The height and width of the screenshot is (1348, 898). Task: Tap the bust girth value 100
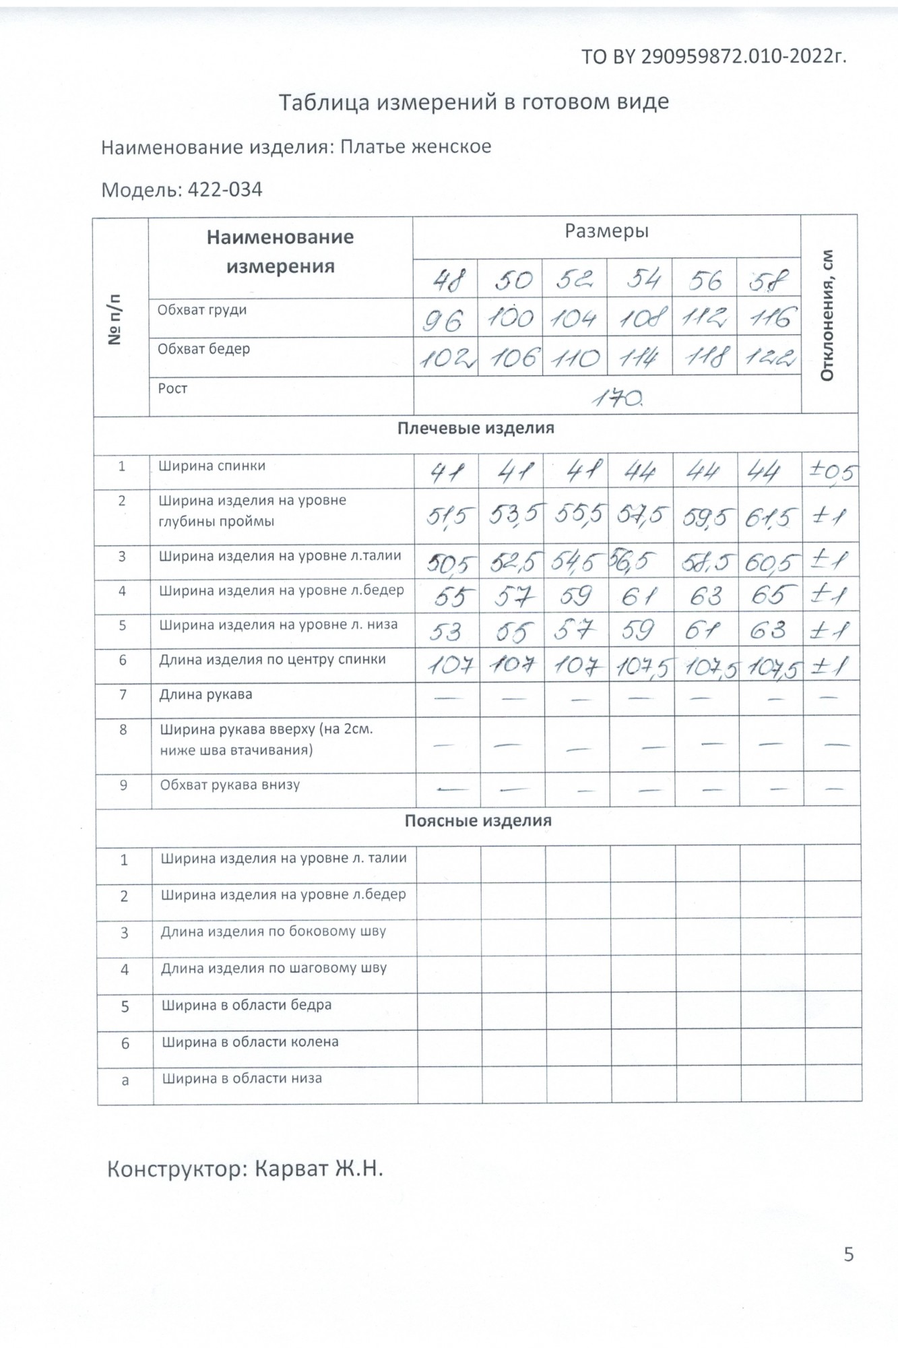pos(511,318)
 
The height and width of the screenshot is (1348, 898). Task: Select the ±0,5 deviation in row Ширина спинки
pos(831,472)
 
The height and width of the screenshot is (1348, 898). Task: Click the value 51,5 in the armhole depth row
pos(447,518)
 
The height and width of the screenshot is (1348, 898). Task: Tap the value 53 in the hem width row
pos(445,632)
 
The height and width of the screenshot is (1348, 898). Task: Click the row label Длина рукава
pos(205,694)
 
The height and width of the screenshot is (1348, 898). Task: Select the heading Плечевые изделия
pos(476,428)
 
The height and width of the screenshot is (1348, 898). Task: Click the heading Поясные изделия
pos(478,820)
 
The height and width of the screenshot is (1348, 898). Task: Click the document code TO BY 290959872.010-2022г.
pos(713,57)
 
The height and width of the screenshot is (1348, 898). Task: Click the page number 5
pos(848,1254)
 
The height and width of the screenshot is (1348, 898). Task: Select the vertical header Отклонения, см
pos(828,315)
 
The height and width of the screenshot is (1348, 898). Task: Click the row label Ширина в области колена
pos(250,1041)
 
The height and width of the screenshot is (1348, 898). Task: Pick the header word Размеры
pos(606,231)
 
